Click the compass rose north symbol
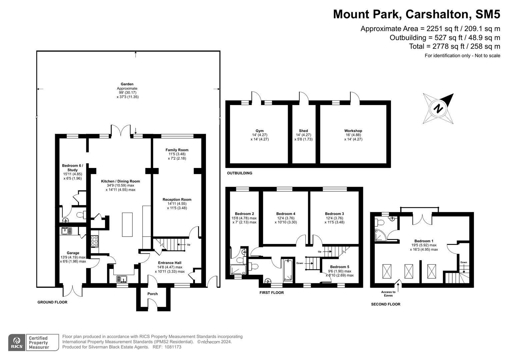point(439,109)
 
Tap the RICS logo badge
point(17,342)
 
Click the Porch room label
point(153,294)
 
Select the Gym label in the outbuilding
point(259,131)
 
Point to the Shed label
point(303,131)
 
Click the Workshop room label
point(353,131)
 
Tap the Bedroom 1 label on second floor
point(424,241)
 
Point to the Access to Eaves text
point(388,294)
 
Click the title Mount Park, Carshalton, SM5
point(417,14)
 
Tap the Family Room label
point(177,150)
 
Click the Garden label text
point(127,84)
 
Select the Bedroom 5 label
point(339,267)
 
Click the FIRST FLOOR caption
point(272,293)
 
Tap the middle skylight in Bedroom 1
point(408,271)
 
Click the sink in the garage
point(66,231)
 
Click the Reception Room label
point(177,200)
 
